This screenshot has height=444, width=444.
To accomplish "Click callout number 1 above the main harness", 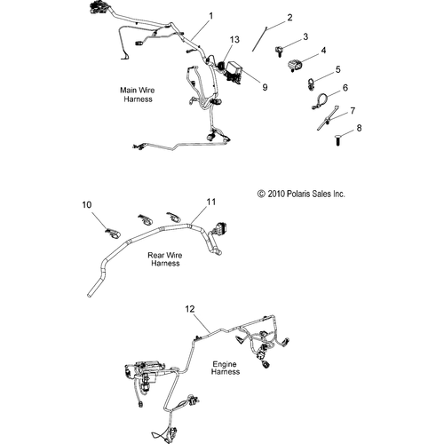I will (210, 16).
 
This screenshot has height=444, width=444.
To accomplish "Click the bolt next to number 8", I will (341, 138).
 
